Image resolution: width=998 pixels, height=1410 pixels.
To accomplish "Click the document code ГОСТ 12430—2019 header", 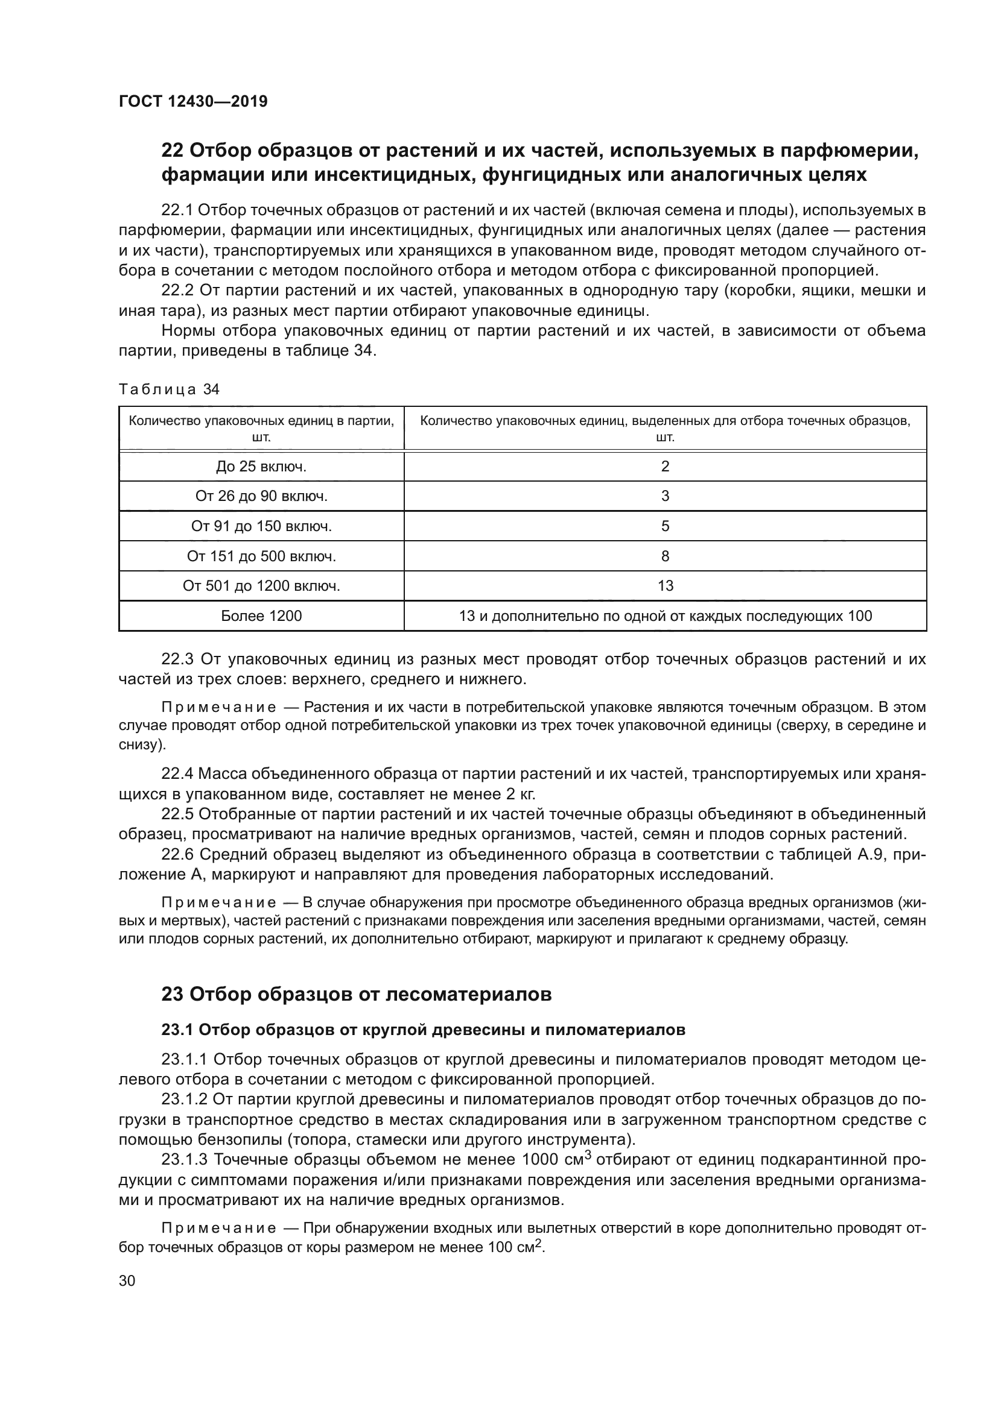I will tap(193, 101).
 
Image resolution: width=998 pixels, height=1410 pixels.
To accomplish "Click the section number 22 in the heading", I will tap(172, 151).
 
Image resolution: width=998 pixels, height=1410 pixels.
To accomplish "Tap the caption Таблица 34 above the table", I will tap(169, 389).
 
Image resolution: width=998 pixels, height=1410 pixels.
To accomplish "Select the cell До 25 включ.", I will tap(261, 467).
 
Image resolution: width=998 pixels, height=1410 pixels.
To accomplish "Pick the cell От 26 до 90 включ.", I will tap(261, 496).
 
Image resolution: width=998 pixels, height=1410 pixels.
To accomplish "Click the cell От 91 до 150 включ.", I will tap(261, 526).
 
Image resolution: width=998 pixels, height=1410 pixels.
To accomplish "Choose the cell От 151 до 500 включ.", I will tap(261, 556).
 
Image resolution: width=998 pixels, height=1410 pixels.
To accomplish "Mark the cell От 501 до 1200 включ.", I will tap(261, 586).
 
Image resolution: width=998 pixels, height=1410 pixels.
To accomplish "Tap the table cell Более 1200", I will tap(261, 616).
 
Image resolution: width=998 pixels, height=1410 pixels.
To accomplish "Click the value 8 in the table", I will tap(665, 556).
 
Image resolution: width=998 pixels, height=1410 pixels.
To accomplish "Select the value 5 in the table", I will tap(665, 526).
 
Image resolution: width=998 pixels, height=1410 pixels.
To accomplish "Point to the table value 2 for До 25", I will tap(665, 467).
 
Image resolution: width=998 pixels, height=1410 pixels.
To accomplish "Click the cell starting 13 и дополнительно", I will tap(665, 616).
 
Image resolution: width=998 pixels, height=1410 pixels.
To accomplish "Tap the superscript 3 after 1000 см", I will tap(588, 1155).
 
